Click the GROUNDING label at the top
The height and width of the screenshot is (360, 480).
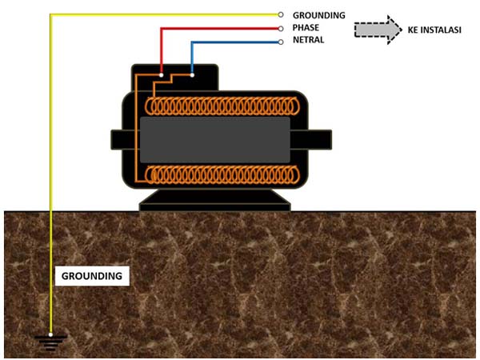pyautogui.click(x=318, y=15)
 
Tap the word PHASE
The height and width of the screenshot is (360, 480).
pyautogui.click(x=308, y=28)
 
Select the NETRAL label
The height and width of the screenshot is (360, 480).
pyautogui.click(x=309, y=40)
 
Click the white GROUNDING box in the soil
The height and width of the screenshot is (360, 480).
pyautogui.click(x=93, y=276)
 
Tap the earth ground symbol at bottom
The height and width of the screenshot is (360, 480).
pyautogui.click(x=50, y=342)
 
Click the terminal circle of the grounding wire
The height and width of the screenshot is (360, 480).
pyautogui.click(x=281, y=14)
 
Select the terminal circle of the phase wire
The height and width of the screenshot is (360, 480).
pyautogui.click(x=281, y=28)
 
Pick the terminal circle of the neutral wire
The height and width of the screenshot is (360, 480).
pyautogui.click(x=281, y=41)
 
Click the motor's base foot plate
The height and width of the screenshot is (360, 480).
pyautogui.click(x=214, y=205)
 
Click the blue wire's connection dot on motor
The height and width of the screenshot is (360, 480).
pyautogui.click(x=192, y=75)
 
